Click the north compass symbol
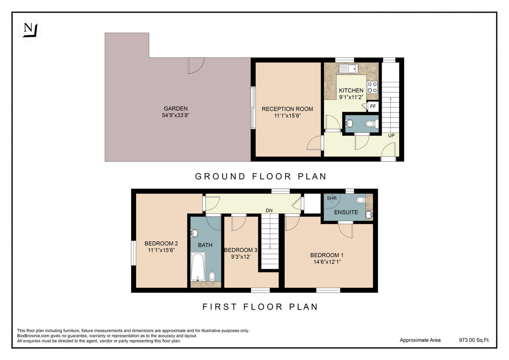coord(29,30)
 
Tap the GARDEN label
coord(176,109)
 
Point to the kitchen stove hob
coord(372,87)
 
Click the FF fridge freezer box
coord(373,106)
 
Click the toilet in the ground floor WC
coord(371,124)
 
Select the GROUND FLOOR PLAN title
coord(260,176)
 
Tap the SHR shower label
coord(331,198)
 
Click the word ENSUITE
coord(346,212)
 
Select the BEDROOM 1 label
coord(327,255)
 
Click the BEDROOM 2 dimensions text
coord(161,250)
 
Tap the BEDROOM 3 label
coord(240,250)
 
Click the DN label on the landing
coord(269,210)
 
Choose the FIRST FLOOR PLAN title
coord(260,307)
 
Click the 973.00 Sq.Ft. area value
coord(474,340)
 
